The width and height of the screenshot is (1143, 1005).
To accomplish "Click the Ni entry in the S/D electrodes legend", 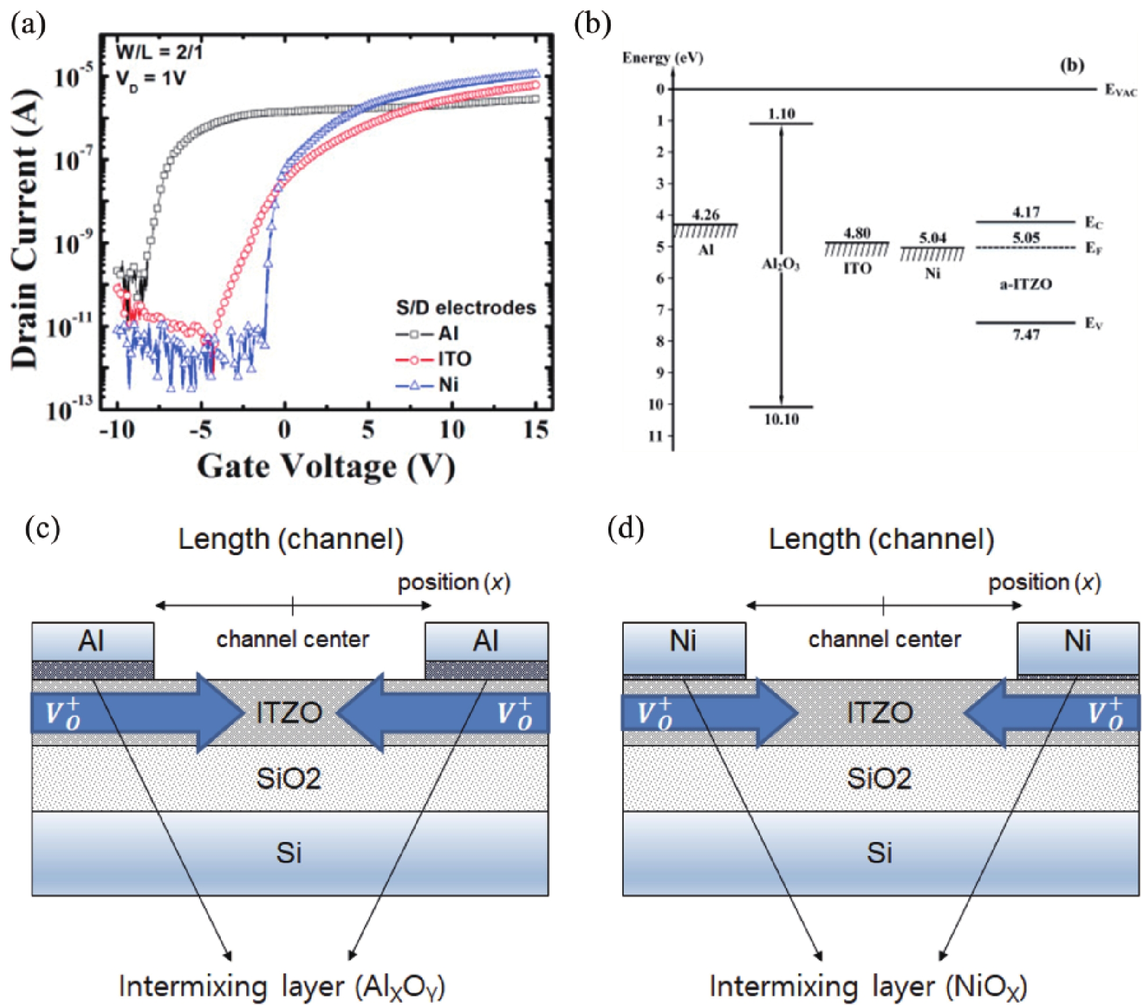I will (x=447, y=385).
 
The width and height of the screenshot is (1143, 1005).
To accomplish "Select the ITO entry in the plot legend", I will (x=453, y=359).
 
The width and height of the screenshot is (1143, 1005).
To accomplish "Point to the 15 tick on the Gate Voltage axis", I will (x=535, y=430).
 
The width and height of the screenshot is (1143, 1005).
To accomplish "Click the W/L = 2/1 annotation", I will (x=159, y=52).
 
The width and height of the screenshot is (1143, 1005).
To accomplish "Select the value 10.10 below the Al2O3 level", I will (x=781, y=419).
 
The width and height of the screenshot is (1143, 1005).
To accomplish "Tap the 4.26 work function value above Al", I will (x=705, y=215).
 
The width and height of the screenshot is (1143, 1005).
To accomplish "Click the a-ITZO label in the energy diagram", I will (x=1025, y=284).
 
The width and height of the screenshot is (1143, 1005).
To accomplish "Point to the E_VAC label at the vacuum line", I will (x=1120, y=91).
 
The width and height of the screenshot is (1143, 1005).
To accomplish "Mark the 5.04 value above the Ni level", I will (x=932, y=238).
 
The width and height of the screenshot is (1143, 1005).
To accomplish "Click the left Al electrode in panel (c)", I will (x=92, y=641).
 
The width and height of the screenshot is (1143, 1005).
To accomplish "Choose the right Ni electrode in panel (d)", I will (x=1077, y=641).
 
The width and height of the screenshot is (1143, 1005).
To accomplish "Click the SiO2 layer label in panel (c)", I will (x=289, y=778).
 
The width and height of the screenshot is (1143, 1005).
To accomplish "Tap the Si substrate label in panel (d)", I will (x=879, y=853).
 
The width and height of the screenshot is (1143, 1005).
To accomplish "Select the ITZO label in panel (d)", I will (x=879, y=713).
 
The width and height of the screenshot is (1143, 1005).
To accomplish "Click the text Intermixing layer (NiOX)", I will (x=868, y=986).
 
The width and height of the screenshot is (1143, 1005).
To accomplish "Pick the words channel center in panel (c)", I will (x=293, y=640).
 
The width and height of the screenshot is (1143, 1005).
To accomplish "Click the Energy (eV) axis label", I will (x=662, y=58).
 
